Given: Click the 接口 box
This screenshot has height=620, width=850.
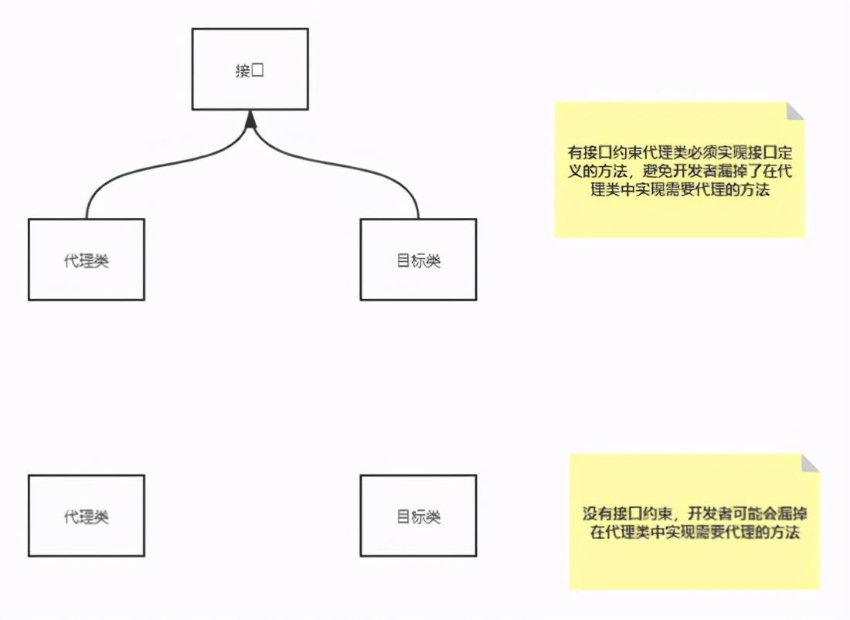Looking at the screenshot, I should point(250,69).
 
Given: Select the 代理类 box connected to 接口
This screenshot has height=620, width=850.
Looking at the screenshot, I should point(87,260).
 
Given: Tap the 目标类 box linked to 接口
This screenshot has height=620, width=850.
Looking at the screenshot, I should point(418,260).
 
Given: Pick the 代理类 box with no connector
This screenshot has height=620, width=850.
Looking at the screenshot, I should point(87,516).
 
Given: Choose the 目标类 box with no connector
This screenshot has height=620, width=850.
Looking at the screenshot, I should point(418,516).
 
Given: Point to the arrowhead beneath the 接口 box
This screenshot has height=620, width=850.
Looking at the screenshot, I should point(250,118).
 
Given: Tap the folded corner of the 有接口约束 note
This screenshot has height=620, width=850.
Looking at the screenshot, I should point(794,111).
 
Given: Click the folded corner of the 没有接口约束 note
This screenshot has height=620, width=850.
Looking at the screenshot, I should point(810,463).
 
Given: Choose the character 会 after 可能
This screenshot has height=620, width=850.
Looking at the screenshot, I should point(773,514).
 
